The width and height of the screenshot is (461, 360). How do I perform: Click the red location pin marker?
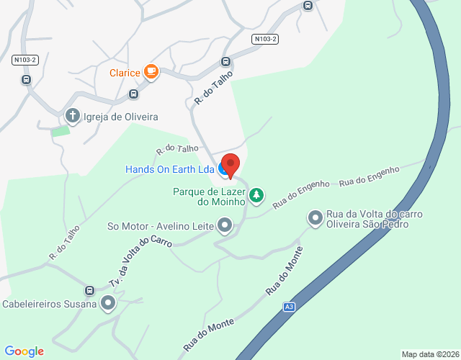230,165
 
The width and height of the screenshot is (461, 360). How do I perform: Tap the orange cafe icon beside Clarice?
151,71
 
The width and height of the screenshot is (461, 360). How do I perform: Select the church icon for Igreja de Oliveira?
72,116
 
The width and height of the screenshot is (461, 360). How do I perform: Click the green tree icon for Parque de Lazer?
256,195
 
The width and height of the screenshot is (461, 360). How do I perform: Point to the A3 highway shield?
289,307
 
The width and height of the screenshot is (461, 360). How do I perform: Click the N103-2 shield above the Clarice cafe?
266,39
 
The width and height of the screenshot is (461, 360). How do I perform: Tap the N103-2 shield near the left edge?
25,60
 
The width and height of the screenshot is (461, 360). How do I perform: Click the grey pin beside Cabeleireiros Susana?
108,303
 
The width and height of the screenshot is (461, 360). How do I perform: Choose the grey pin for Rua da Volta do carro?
315,217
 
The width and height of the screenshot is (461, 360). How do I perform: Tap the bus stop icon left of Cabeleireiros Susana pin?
89,291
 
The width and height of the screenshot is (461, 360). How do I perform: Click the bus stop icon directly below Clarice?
134,94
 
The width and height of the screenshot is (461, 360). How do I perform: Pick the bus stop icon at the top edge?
308,6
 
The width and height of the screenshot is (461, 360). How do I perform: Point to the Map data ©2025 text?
429,354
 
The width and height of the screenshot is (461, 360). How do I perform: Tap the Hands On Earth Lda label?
170,169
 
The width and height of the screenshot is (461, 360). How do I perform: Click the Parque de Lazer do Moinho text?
210,197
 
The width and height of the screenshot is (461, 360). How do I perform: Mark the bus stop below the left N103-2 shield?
26,80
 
